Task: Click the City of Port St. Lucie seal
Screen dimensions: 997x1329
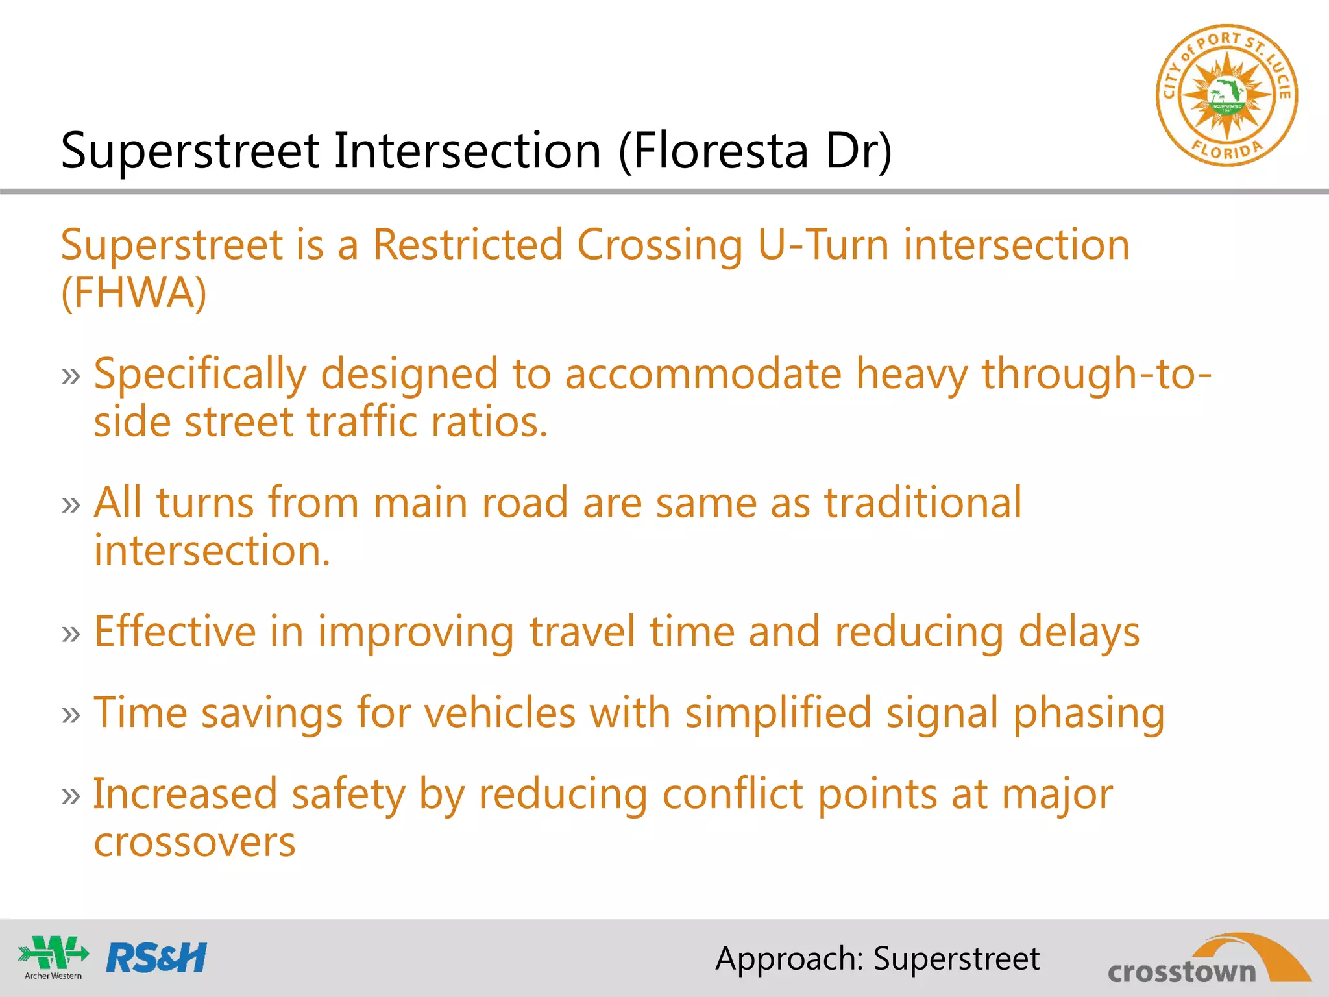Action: point(1226,96)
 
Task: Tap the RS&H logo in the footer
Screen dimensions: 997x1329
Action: point(156,958)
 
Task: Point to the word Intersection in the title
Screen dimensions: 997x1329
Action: point(467,151)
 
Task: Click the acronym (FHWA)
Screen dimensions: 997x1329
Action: point(134,293)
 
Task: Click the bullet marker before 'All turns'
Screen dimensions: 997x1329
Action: point(71,505)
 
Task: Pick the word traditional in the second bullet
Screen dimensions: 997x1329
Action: point(923,503)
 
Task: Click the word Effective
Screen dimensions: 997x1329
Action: point(175,632)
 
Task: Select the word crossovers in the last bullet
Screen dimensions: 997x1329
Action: point(195,843)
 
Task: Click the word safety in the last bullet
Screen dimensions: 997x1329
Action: point(348,795)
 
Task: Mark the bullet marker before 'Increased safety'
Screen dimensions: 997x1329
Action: point(71,796)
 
